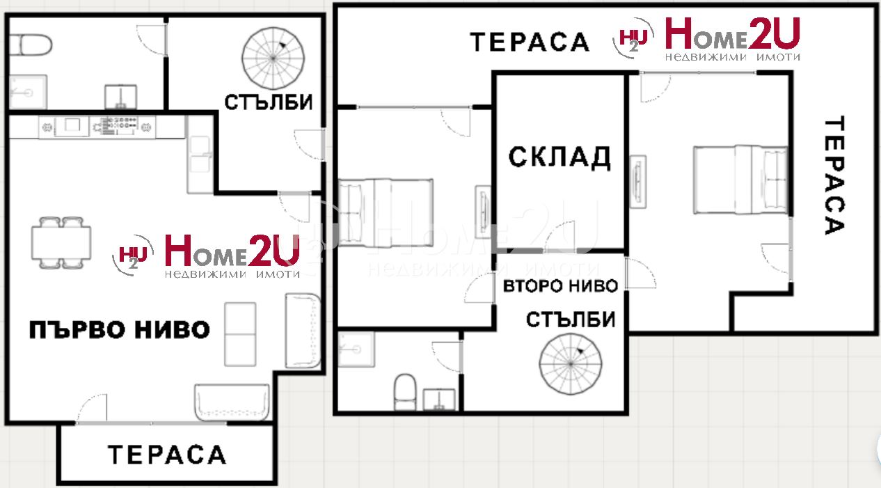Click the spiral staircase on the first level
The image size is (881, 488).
pyautogui.click(x=273, y=58)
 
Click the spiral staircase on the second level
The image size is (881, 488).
pyautogui.click(x=571, y=364)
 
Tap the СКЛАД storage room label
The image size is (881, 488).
pyautogui.click(x=559, y=157)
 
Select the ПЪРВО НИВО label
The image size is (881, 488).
pyautogui.click(x=120, y=330)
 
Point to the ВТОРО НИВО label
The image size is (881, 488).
pyautogui.click(x=560, y=286)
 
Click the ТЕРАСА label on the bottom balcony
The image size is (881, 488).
pyautogui.click(x=167, y=455)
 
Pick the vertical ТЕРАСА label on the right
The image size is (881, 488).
pyautogui.click(x=834, y=175)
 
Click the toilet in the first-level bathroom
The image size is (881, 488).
pyautogui.click(x=31, y=45)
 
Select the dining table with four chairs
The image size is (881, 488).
pyautogui.click(x=61, y=243)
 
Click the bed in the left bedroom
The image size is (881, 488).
pyautogui.click(x=386, y=213)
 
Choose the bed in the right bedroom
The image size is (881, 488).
pyautogui.click(x=740, y=180)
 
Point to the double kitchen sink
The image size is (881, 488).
pyautogui.click(x=200, y=154)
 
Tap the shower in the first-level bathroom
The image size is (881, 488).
pyautogui.click(x=28, y=92)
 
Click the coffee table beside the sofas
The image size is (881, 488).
pyautogui.click(x=240, y=335)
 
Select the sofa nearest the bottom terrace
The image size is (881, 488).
pyautogui.click(x=232, y=402)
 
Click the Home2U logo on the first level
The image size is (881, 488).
pyautogui.click(x=205, y=255)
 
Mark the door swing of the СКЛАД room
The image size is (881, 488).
pyautogui.click(x=560, y=236)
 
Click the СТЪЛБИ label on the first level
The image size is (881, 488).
pyautogui.click(x=269, y=103)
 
